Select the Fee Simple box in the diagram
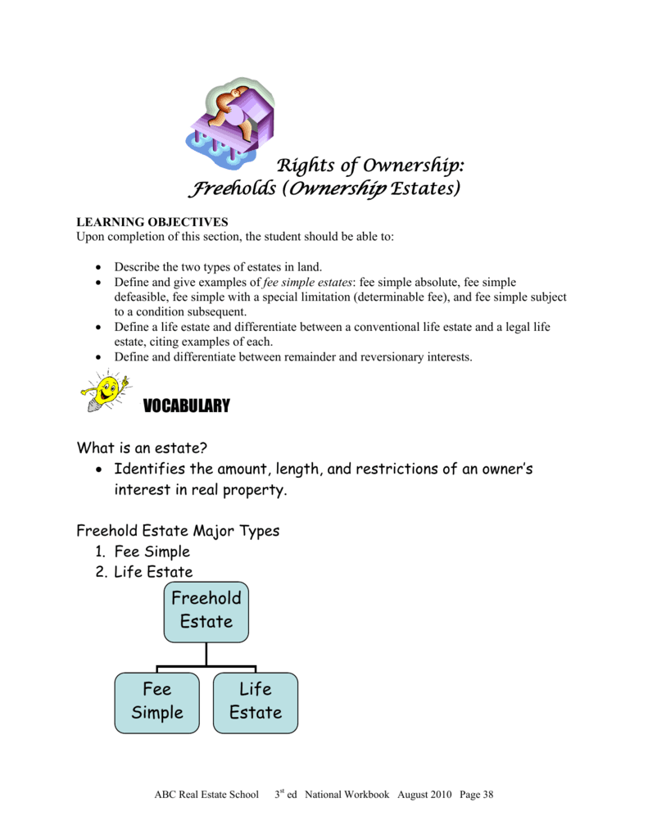157,701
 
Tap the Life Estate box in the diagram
256,701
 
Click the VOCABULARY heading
186,406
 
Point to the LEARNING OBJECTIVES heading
152,222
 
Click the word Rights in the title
306,166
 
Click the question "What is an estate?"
140,448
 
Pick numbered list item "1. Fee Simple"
143,551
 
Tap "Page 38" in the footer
477,795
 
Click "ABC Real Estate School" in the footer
206,795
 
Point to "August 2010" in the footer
429,795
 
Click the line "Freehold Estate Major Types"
178,531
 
